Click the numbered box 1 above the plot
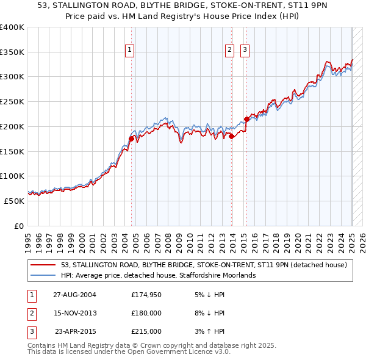click(131, 51)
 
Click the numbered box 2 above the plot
click(230, 51)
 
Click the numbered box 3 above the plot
click(245, 51)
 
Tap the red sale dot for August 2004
click(131, 139)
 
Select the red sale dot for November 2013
click(232, 137)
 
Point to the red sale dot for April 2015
click(247, 119)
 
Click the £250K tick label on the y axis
click(12, 102)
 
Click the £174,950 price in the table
click(146, 294)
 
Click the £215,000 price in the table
click(146, 331)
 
